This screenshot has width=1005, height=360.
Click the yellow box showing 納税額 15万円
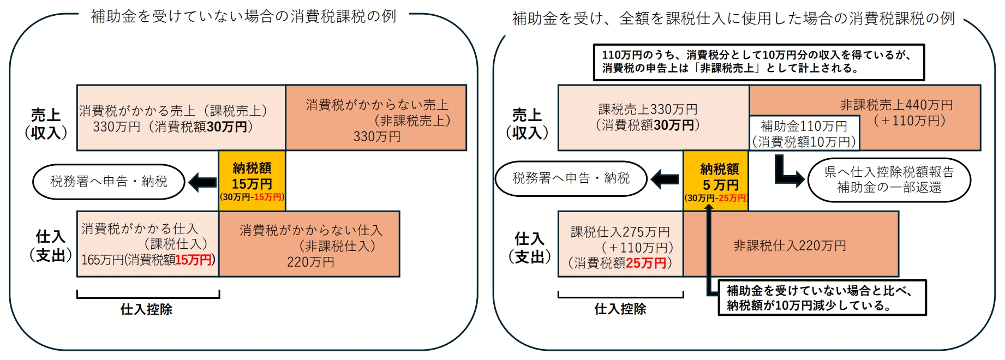pyautogui.click(x=252, y=181)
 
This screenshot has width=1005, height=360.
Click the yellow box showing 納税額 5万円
pyautogui.click(x=716, y=181)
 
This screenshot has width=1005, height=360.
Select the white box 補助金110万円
pyautogui.click(x=804, y=133)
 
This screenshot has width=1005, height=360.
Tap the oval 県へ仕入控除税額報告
pyautogui.click(x=889, y=179)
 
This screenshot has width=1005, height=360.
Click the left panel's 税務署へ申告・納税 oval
pyautogui.click(x=109, y=182)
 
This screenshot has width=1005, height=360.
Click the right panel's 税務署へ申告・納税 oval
pyautogui.click(x=571, y=178)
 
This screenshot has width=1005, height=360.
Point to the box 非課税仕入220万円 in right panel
pyautogui.click(x=790, y=245)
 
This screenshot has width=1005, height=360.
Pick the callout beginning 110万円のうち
pyautogui.click(x=758, y=62)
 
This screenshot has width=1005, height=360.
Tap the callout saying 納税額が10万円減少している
pyautogui.click(x=822, y=298)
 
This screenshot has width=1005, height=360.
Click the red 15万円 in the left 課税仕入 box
pyautogui.click(x=193, y=260)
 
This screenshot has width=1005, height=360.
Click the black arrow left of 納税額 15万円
pyautogui.click(x=202, y=182)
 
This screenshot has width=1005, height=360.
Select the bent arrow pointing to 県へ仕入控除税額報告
pyautogui.click(x=786, y=172)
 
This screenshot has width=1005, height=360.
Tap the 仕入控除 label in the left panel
pyautogui.click(x=146, y=309)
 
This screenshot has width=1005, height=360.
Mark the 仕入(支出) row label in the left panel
pyautogui.click(x=50, y=245)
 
